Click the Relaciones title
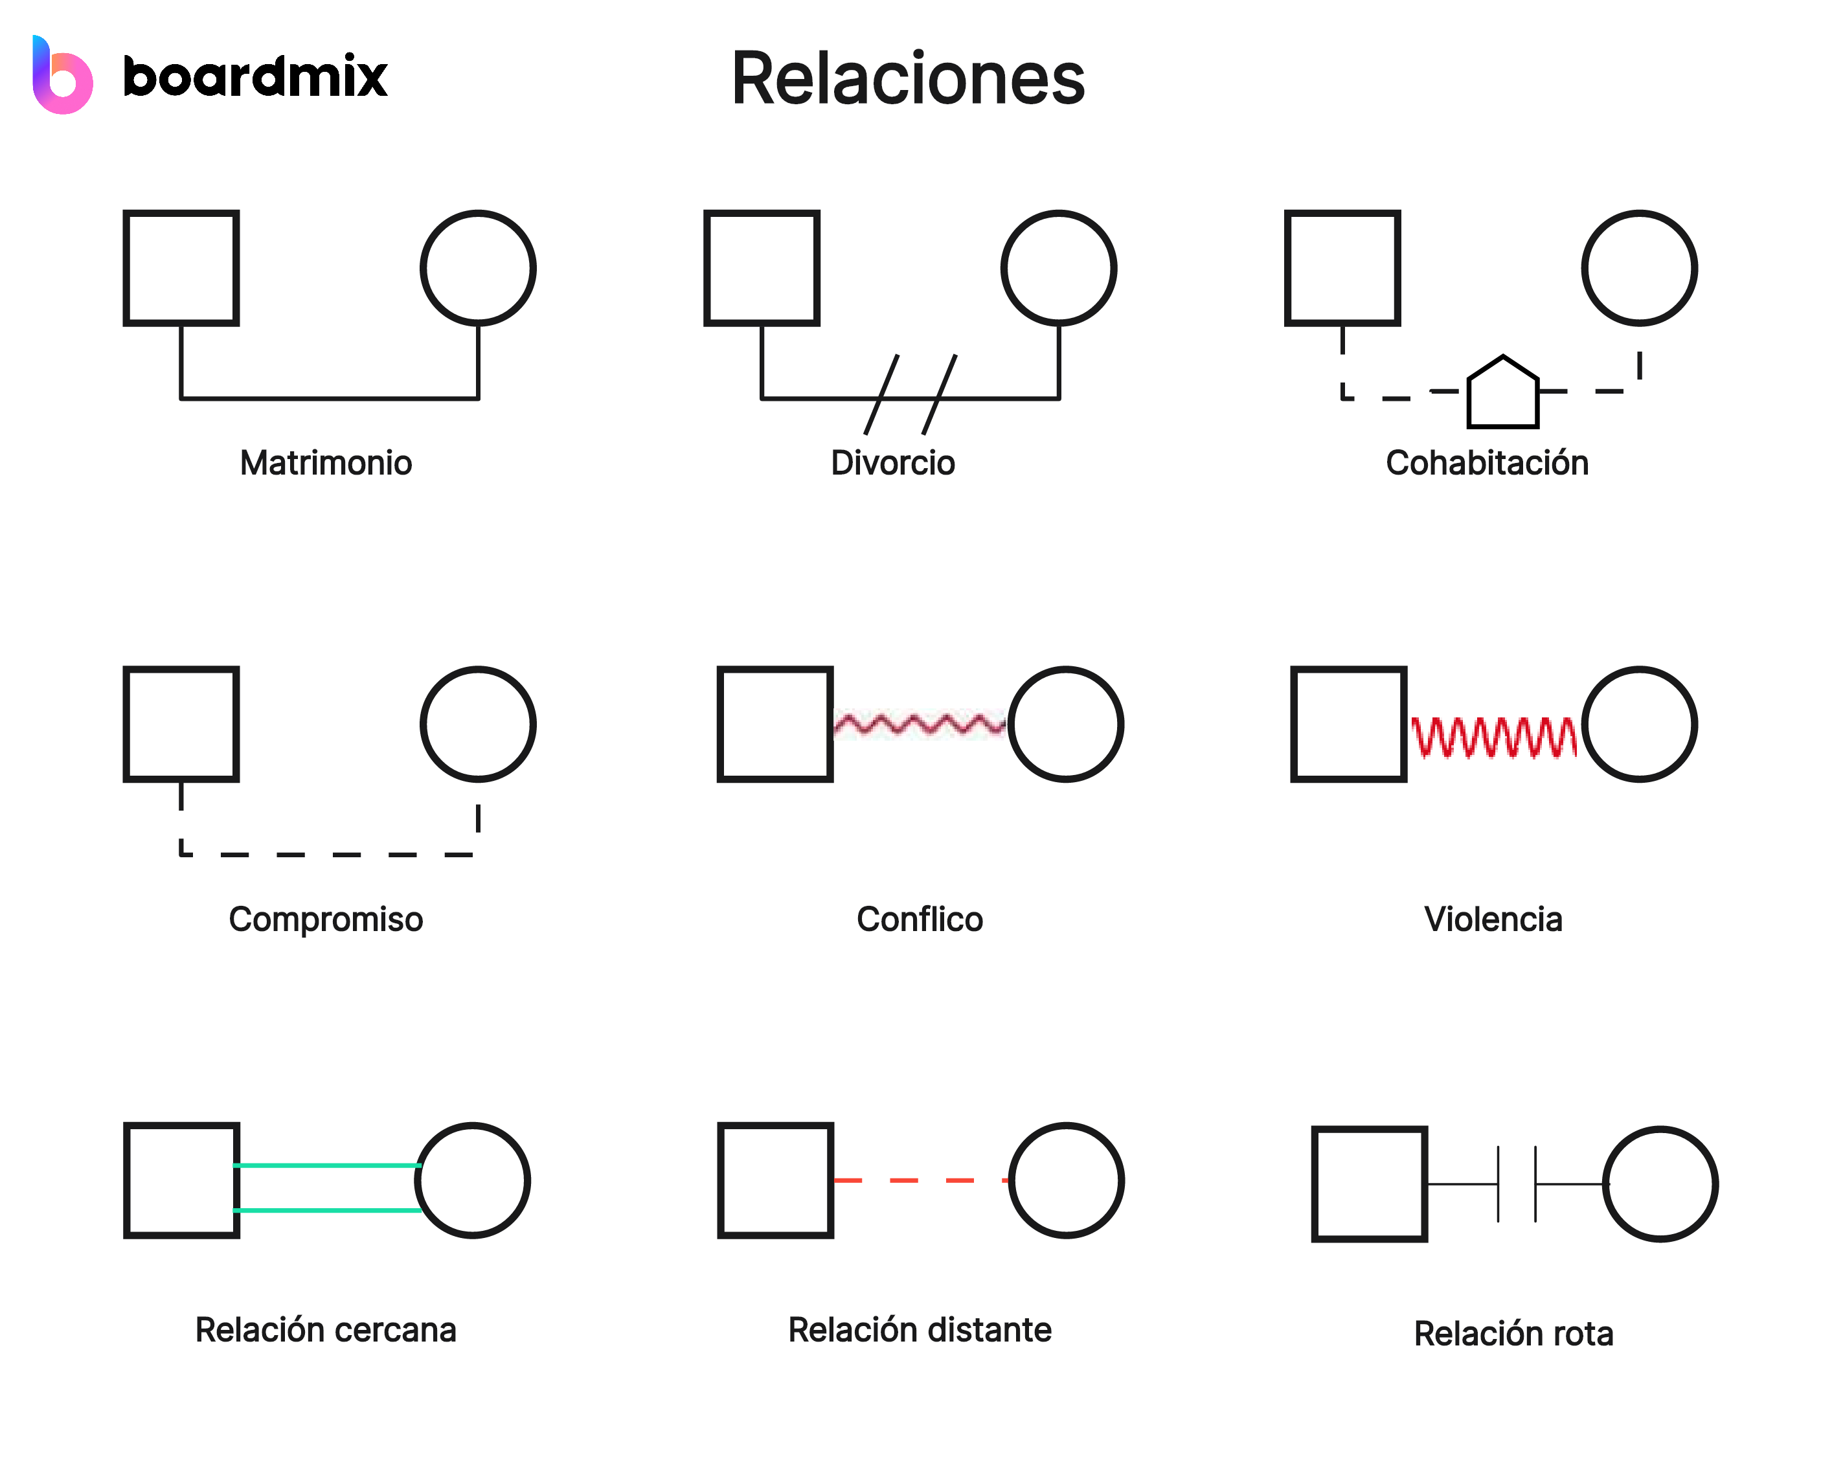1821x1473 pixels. point(908,79)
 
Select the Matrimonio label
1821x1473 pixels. point(326,464)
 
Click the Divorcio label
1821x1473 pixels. point(892,464)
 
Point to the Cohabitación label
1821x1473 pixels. point(1487,464)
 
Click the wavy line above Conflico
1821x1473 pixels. point(920,725)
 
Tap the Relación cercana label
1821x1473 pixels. point(326,1331)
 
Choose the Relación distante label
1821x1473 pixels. point(920,1331)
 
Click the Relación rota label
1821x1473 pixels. point(1514,1334)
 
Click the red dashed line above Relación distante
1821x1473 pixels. point(922,1180)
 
